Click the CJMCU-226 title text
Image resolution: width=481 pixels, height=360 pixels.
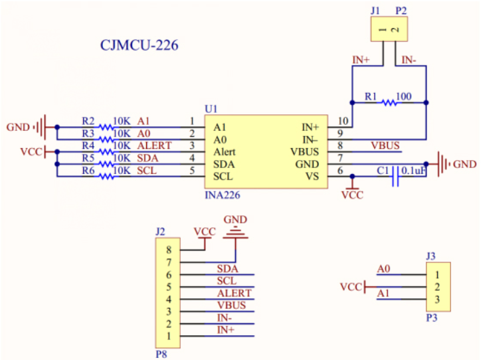point(139,46)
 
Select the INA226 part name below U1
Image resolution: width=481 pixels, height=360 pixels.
point(224,195)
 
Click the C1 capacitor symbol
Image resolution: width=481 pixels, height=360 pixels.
point(395,176)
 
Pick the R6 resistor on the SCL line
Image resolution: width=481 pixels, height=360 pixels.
point(105,176)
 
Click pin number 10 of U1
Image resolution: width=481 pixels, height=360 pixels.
point(342,121)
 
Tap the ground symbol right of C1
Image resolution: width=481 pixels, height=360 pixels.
point(442,163)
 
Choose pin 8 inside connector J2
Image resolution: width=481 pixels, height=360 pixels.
point(169,250)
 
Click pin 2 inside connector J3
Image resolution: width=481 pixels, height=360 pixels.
point(437,287)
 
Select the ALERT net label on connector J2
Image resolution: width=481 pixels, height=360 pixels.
point(234,293)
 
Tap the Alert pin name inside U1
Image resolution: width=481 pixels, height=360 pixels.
point(225,151)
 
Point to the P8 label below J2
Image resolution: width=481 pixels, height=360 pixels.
point(161,354)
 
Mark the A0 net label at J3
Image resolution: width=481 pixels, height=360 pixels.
point(383,269)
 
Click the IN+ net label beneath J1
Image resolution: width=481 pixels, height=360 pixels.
point(361,60)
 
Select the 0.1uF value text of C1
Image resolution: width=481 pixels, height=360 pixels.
point(413,171)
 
